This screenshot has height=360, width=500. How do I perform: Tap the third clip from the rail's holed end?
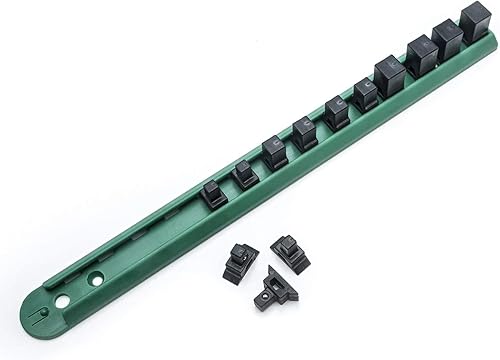[x=275, y=151]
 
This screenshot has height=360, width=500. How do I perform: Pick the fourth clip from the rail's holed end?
[x=305, y=132]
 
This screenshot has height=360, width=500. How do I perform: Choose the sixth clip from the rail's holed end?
[x=365, y=94]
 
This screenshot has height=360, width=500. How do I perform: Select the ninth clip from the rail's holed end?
[x=447, y=39]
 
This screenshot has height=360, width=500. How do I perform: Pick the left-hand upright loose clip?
[x=241, y=262]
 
